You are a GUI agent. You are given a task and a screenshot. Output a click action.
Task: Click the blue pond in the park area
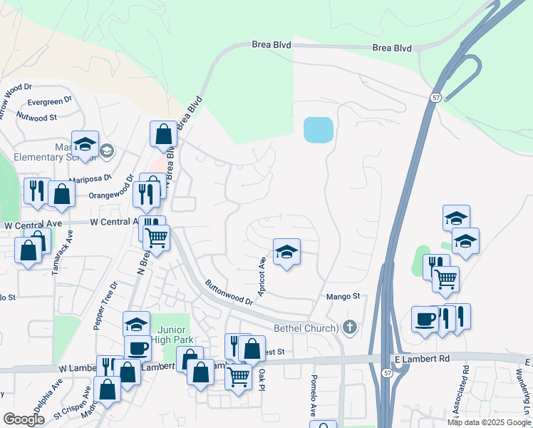coord(318,130)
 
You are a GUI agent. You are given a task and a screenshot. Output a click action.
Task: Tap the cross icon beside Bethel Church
coord(349,327)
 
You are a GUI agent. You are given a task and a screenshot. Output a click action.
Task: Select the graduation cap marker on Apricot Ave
coord(286,253)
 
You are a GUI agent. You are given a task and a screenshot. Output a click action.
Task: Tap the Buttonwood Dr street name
coord(229,292)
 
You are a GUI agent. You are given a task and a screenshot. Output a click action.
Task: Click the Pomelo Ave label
coord(313,397)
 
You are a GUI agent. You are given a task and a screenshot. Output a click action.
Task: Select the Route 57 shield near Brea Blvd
coord(435,96)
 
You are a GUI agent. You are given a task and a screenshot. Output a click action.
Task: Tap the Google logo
coord(24,419)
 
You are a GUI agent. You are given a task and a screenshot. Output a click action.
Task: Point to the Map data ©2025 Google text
coord(489,422)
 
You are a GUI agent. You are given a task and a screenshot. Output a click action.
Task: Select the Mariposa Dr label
coord(90,178)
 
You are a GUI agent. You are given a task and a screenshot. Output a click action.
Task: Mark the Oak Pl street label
coord(262,377)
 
